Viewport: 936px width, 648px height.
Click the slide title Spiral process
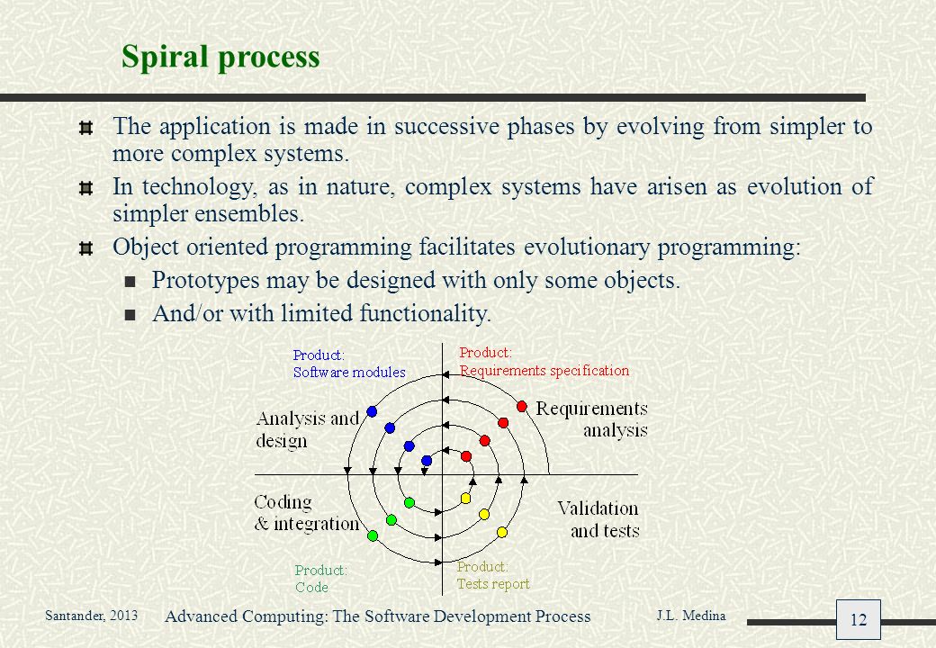(x=220, y=58)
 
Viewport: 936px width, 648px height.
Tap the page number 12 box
(x=859, y=619)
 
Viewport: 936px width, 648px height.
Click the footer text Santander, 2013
(x=91, y=616)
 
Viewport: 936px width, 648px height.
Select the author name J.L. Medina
(x=691, y=616)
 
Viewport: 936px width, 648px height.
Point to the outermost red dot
(x=522, y=406)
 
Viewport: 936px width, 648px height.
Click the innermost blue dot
(x=427, y=461)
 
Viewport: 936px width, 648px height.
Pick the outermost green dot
(x=373, y=535)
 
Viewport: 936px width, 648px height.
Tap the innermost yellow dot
(x=465, y=499)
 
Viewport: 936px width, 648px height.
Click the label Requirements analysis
(x=591, y=418)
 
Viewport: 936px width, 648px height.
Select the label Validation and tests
(x=598, y=519)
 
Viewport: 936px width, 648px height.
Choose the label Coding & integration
(x=306, y=513)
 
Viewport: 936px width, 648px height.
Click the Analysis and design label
(x=307, y=429)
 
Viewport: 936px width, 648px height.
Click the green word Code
(x=311, y=587)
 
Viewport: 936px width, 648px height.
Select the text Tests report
(x=493, y=584)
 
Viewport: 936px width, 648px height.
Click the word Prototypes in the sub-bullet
(x=205, y=281)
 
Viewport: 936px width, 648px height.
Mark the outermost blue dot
(x=372, y=411)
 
